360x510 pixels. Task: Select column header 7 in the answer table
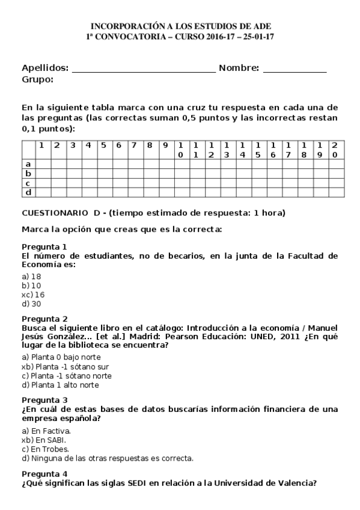click(134, 145)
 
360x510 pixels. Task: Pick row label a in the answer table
click(28, 164)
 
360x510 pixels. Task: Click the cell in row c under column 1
click(43, 183)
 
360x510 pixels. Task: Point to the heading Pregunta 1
click(44, 247)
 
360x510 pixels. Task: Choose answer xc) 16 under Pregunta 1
click(33, 295)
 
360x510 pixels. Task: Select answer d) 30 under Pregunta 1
click(31, 304)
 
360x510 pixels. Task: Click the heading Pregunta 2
click(44, 319)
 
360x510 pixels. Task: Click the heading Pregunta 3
click(44, 400)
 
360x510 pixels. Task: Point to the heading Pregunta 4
click(44, 473)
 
